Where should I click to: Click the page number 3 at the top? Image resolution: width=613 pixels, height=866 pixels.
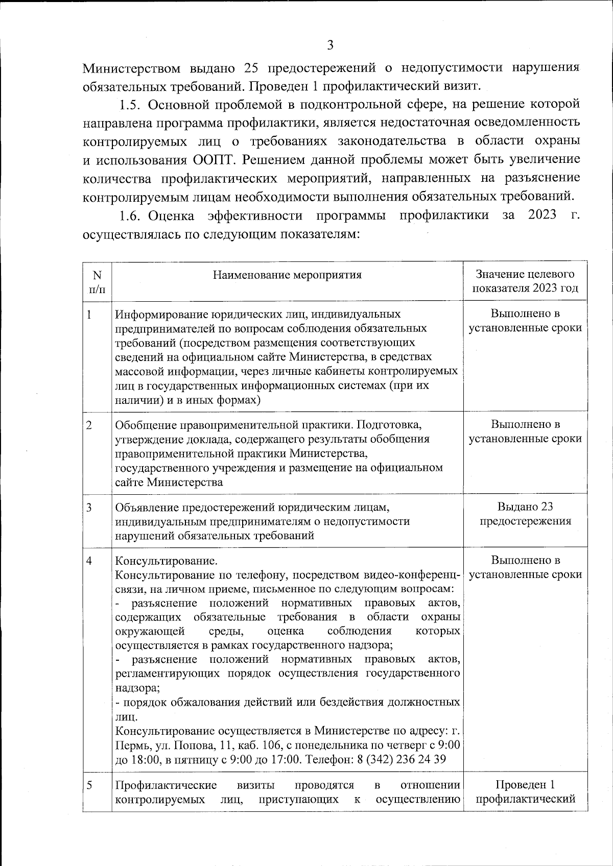[330, 46]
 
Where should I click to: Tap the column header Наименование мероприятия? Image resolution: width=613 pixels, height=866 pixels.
[287, 275]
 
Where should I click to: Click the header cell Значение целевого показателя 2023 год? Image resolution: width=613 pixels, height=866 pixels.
[525, 281]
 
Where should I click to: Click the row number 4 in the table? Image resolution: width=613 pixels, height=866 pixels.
[89, 561]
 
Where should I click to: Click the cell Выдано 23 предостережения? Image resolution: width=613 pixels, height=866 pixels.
[525, 514]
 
